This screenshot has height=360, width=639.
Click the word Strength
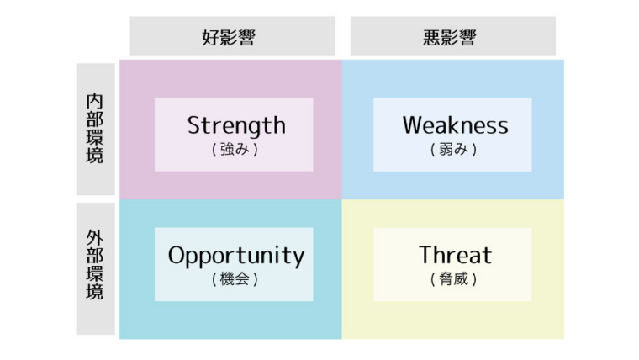236,126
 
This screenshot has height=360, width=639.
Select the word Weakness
455,125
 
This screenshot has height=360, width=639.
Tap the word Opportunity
236,256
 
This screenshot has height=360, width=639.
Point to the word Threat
455,255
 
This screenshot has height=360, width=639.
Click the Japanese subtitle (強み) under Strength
235,149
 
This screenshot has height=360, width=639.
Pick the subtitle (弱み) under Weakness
453,149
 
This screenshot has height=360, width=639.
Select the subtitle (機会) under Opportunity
235,279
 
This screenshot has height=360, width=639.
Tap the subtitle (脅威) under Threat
453,279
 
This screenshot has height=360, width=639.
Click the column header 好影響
229,38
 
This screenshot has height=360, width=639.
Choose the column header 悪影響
450,38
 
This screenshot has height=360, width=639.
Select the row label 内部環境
94,129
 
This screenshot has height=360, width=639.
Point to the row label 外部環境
94,265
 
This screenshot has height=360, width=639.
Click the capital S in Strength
194,125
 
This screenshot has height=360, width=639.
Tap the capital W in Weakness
414,125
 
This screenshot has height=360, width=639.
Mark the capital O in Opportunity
177,255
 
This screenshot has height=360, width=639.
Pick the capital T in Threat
426,255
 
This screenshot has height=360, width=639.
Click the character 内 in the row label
94,102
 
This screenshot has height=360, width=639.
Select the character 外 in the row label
94,238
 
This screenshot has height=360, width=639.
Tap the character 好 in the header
211,38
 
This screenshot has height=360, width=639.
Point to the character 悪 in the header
431,38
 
